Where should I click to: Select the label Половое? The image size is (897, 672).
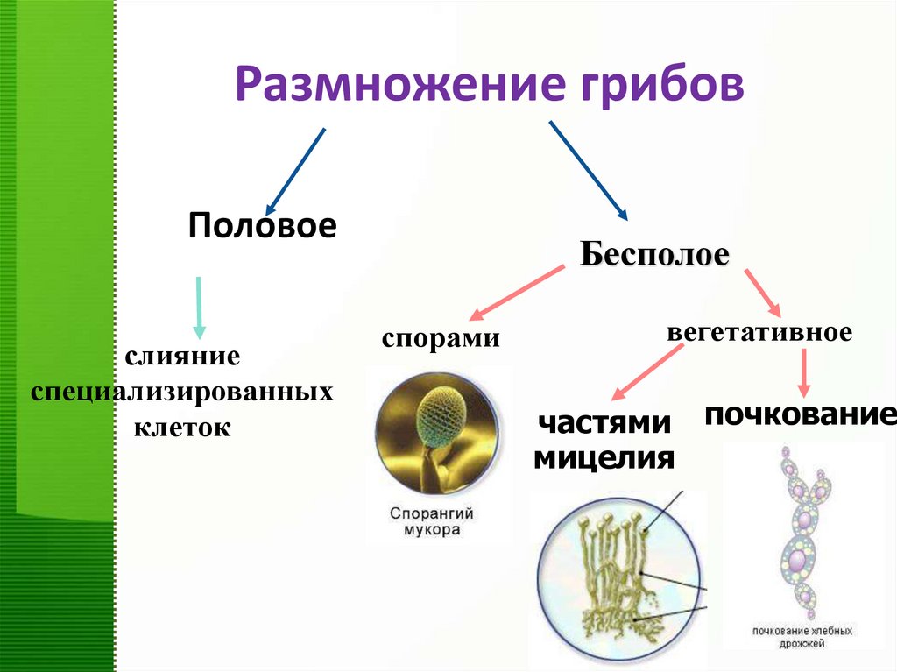point(262,225)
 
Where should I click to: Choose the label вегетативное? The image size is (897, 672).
point(759,333)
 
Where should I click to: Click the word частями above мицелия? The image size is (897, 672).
point(604,423)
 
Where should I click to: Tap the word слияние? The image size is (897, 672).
point(182,357)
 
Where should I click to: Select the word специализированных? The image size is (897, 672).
point(182,392)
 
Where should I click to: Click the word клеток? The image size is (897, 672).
point(182,428)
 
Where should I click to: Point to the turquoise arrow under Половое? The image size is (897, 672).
point(200,307)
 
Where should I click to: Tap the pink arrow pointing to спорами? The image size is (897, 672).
point(517,293)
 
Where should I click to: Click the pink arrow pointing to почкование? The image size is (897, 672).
point(804,372)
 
